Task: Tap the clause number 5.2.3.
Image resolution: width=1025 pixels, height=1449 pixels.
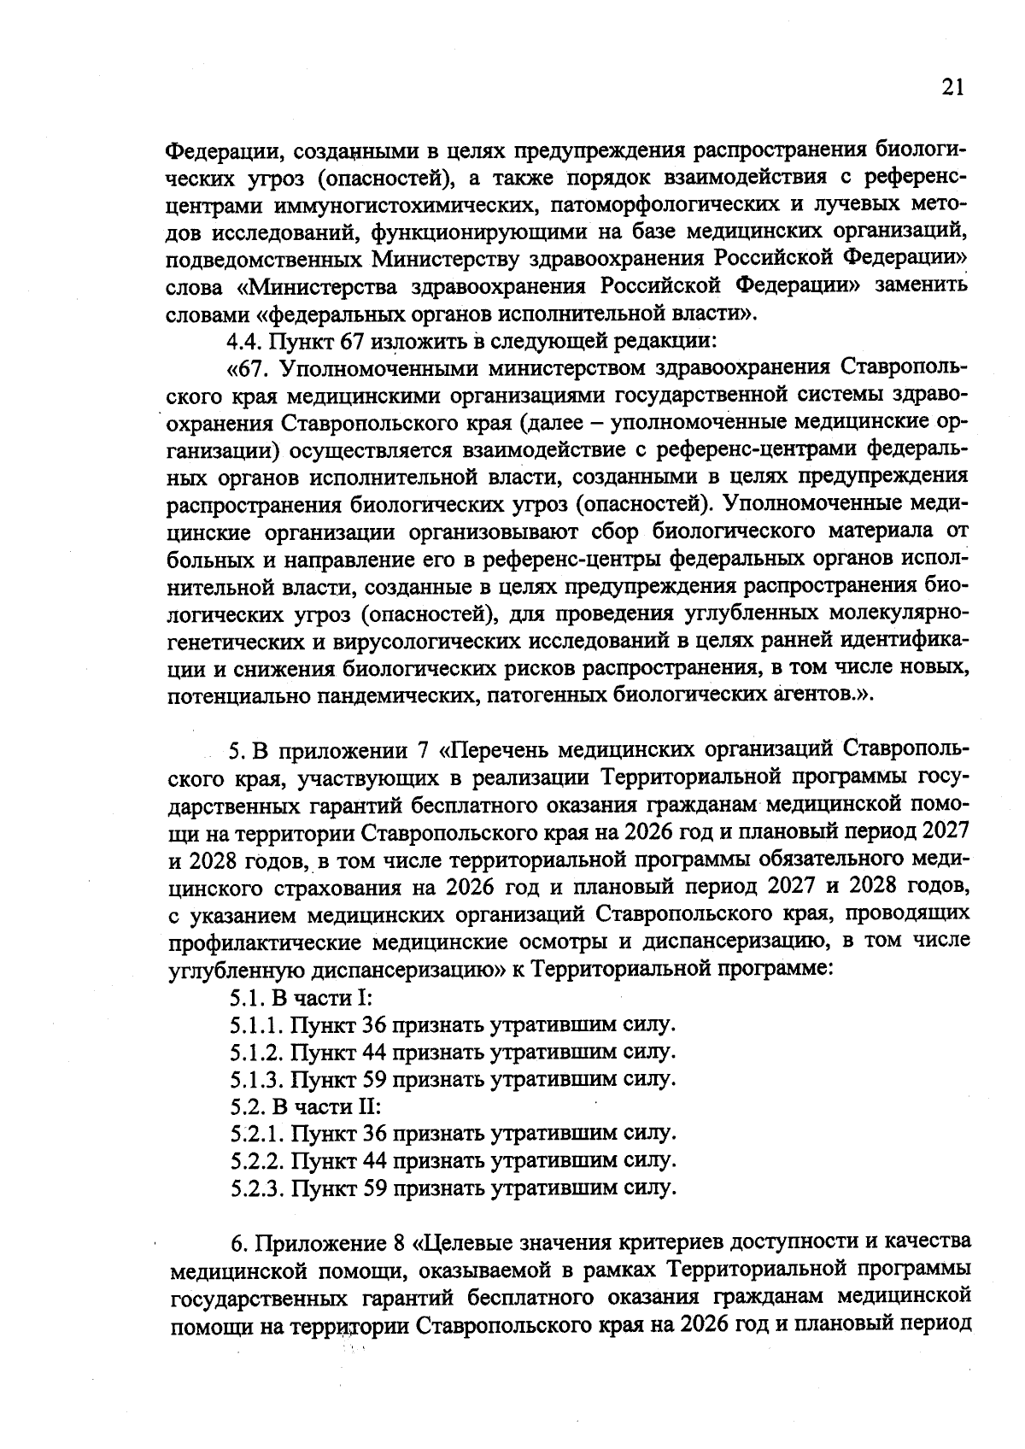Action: (257, 1188)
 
